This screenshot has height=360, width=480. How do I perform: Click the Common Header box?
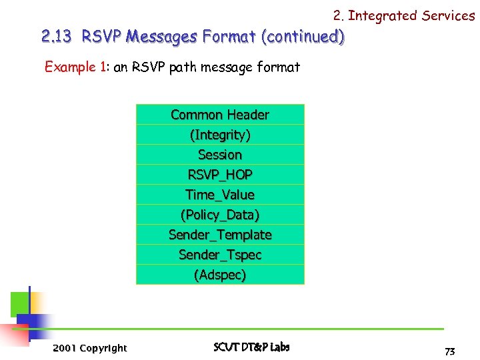point(220,115)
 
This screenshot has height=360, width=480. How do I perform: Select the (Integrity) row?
point(220,135)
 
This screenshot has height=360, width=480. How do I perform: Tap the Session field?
point(220,155)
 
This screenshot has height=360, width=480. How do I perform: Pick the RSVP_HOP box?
point(220,175)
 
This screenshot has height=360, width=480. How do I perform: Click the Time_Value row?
point(220,195)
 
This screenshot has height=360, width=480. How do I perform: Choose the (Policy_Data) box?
point(220,215)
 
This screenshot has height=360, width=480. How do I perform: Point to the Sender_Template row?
point(220,235)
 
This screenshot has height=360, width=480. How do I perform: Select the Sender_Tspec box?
point(220,255)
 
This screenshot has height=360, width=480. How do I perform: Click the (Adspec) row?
point(220,275)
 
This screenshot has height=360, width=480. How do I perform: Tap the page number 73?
point(449,351)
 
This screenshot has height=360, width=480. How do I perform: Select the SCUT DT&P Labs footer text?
point(251,347)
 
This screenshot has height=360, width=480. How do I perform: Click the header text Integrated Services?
point(411,15)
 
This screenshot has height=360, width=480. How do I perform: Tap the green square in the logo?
point(19,304)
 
